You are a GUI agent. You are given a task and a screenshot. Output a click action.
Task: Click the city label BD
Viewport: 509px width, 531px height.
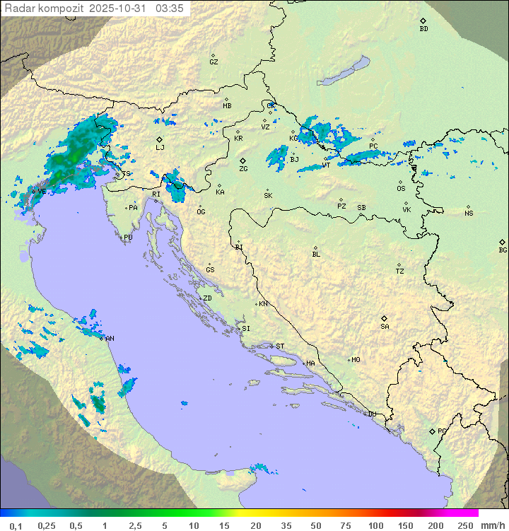pos(423,29)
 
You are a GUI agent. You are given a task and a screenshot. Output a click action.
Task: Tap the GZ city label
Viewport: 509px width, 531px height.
pos(213,62)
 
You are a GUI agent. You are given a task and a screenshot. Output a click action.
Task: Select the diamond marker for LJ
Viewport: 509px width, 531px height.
pos(160,139)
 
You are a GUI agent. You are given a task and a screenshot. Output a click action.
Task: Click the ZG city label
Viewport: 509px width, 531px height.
pos(243,170)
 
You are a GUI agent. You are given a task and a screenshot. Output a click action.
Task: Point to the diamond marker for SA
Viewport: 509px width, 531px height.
pos(385,318)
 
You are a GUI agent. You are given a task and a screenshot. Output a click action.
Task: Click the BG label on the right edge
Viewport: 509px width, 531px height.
pos(503,250)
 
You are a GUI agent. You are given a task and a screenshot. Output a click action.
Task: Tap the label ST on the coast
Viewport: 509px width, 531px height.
pos(280,346)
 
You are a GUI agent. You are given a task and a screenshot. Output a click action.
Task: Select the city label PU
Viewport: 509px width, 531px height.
pos(128,238)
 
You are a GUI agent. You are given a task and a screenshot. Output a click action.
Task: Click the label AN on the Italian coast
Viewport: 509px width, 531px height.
pos(110,339)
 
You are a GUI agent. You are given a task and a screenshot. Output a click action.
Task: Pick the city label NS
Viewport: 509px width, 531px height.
pos(469,214)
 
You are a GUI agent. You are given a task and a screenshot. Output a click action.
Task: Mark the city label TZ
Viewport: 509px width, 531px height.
pos(400,272)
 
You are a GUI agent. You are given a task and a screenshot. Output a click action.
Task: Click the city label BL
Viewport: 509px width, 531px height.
pos(316,255)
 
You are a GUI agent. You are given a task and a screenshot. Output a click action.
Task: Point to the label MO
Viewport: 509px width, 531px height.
pos(356,360)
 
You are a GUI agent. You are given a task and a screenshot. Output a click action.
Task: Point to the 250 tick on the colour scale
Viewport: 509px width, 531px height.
pos(465,525)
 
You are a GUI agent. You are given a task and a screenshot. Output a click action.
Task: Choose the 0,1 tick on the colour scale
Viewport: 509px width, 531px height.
pos(16,525)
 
